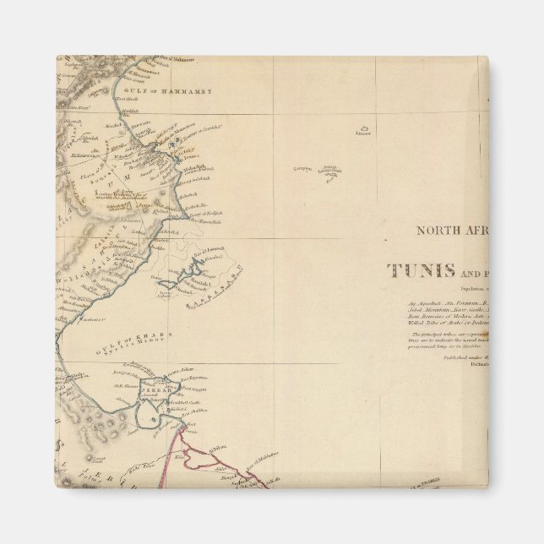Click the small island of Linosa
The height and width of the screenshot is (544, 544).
pyautogui.click(x=363, y=132)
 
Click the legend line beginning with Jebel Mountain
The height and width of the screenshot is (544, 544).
pyautogui.click(x=439, y=310)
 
